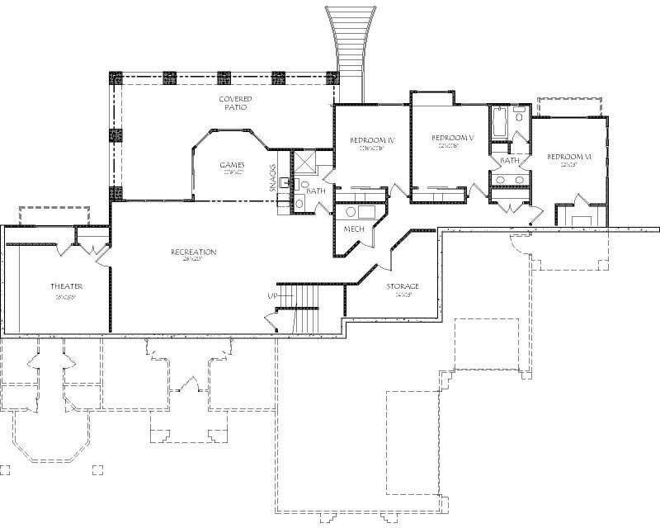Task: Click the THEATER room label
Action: click(65, 286)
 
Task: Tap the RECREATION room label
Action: click(194, 252)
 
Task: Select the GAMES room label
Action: click(232, 165)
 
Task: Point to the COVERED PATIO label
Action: click(234, 103)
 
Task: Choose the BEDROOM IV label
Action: click(372, 140)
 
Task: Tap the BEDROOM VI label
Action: click(569, 157)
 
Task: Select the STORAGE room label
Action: click(403, 286)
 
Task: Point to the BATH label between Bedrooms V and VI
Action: click(509, 160)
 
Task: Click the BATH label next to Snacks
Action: click(316, 191)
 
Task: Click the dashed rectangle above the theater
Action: click(54, 214)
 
